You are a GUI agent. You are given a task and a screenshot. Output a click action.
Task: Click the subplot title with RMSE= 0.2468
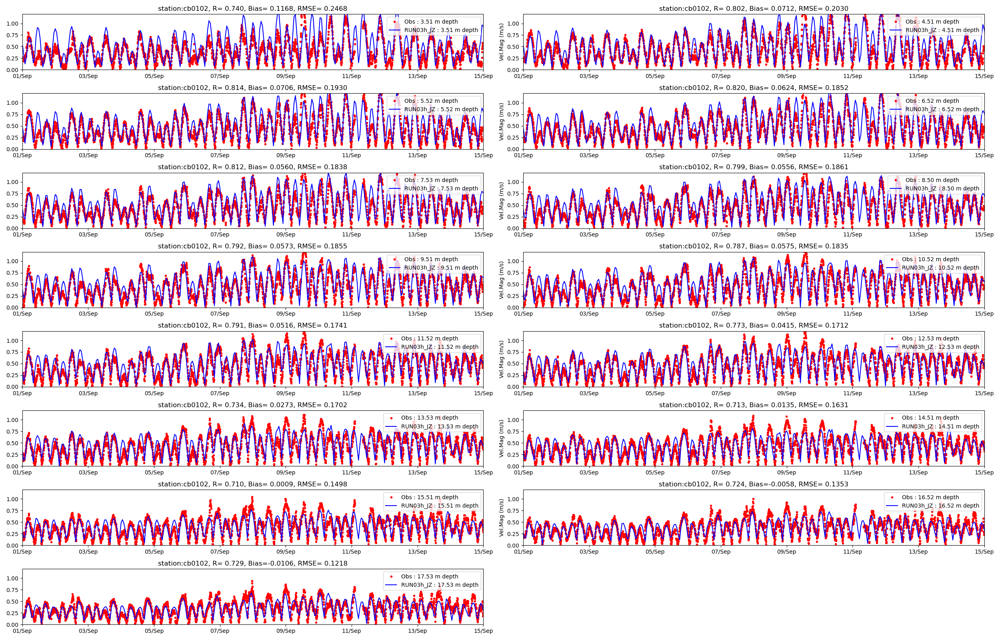tap(252, 8)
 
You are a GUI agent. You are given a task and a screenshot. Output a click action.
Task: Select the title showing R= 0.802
tap(753, 8)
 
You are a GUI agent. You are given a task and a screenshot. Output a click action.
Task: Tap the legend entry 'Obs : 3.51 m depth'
tap(431, 22)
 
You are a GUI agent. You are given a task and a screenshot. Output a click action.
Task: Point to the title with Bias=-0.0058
tap(753, 484)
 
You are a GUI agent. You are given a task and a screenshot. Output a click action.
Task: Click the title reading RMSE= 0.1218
tap(252, 563)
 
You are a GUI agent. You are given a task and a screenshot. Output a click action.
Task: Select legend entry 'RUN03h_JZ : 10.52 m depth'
tap(940, 268)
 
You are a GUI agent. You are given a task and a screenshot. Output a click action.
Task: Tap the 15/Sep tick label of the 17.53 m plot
tap(483, 631)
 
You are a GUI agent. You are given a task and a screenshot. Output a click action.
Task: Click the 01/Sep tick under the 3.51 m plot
tap(22, 76)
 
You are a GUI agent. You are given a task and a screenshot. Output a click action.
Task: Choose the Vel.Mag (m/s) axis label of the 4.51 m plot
tap(501, 42)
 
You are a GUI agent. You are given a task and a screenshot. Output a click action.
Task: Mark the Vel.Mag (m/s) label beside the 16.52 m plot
tap(501, 518)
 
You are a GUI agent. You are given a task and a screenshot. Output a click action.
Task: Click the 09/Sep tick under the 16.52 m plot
tap(786, 552)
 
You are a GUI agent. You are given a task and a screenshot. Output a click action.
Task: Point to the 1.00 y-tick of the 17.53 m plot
tap(12, 578)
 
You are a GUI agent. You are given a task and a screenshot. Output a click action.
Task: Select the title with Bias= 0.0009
tap(252, 484)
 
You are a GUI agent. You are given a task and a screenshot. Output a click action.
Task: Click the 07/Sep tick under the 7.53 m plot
tap(220, 234)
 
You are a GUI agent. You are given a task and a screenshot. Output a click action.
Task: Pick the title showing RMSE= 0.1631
tap(753, 405)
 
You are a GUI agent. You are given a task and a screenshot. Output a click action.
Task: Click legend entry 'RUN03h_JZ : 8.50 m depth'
tap(942, 188)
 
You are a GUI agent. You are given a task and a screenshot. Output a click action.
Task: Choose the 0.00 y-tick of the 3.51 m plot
tap(12, 70)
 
